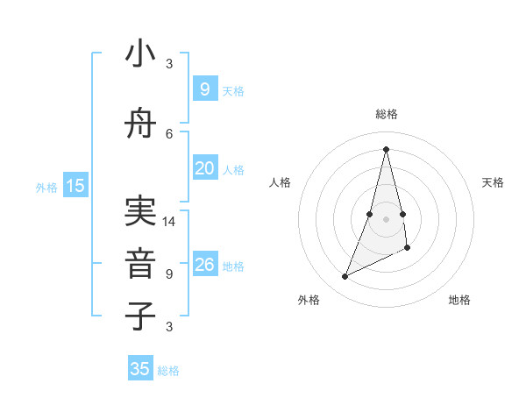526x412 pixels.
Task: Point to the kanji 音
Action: click(141, 263)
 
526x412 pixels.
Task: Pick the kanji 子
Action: click(141, 316)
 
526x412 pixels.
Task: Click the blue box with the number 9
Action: click(204, 89)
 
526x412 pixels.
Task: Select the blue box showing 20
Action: click(204, 168)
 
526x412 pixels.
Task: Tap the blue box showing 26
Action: click(204, 265)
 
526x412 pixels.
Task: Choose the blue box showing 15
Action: click(75, 185)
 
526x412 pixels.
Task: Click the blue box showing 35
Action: click(140, 369)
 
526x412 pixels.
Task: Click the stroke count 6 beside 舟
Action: click(169, 133)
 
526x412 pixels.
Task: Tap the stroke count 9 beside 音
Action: click(169, 274)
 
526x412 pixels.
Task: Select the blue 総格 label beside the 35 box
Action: click(168, 371)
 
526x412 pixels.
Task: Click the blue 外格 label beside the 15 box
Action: click(46, 187)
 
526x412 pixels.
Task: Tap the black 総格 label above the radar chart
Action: click(386, 114)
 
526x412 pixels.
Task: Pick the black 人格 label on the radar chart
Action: click(281, 182)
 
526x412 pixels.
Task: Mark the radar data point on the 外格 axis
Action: click(345, 277)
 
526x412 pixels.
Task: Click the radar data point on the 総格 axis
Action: click(386, 149)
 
